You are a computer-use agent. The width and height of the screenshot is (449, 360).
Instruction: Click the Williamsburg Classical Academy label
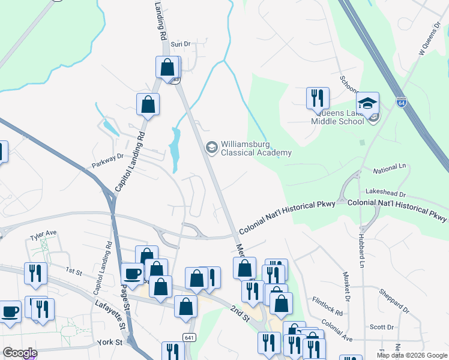pyautogui.click(x=256, y=148)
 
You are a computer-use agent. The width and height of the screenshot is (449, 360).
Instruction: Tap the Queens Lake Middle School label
pyautogui.click(x=337, y=117)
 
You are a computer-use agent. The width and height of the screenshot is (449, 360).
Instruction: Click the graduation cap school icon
pyautogui.click(x=367, y=103)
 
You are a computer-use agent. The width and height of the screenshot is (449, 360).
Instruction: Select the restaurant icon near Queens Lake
pyautogui.click(x=318, y=98)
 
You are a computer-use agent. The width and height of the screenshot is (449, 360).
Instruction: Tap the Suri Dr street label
pyautogui.click(x=180, y=44)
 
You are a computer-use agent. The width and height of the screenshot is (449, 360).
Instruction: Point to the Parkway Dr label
pyautogui.click(x=107, y=157)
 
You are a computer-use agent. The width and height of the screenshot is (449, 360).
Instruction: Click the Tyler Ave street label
pyautogui.click(x=43, y=233)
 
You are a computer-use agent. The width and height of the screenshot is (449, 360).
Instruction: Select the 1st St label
pyautogui.click(x=74, y=271)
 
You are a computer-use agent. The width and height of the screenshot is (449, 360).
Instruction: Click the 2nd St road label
pyautogui.click(x=239, y=313)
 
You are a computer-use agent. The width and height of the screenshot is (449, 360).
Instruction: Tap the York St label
pyautogui.click(x=110, y=343)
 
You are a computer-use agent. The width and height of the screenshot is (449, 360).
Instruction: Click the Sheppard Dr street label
pyautogui.click(x=394, y=302)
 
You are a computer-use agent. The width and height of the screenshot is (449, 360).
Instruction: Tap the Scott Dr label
pyautogui.click(x=381, y=327)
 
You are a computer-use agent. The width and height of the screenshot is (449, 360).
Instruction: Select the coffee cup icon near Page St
pyautogui.click(x=132, y=274)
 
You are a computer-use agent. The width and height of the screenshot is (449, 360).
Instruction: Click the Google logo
pyautogui.click(x=20, y=353)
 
